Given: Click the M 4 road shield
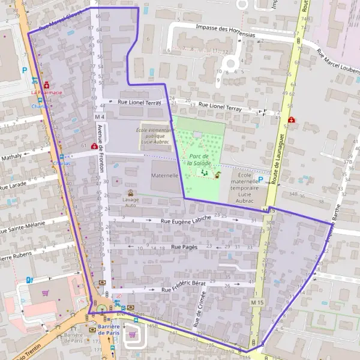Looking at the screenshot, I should tap(100, 116).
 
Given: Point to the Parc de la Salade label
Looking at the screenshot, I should tap(199, 159).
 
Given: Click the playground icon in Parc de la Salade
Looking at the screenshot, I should tap(205, 173).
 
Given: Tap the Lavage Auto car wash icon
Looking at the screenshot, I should tap(131, 193).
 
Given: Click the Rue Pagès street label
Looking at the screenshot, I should tap(184, 247).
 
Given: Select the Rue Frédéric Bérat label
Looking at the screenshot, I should tap(184, 287).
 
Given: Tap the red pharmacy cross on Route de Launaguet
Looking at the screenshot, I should tap(292, 120).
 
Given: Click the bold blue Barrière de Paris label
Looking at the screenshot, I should tap(109, 329).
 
